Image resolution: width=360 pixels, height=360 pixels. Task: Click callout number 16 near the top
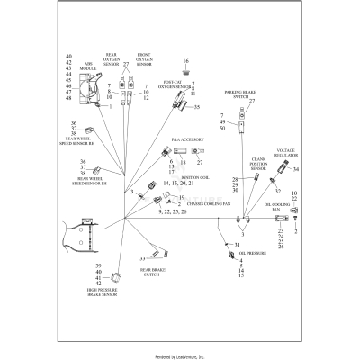point(185,59)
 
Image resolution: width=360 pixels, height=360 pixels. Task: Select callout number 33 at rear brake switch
point(142,258)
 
